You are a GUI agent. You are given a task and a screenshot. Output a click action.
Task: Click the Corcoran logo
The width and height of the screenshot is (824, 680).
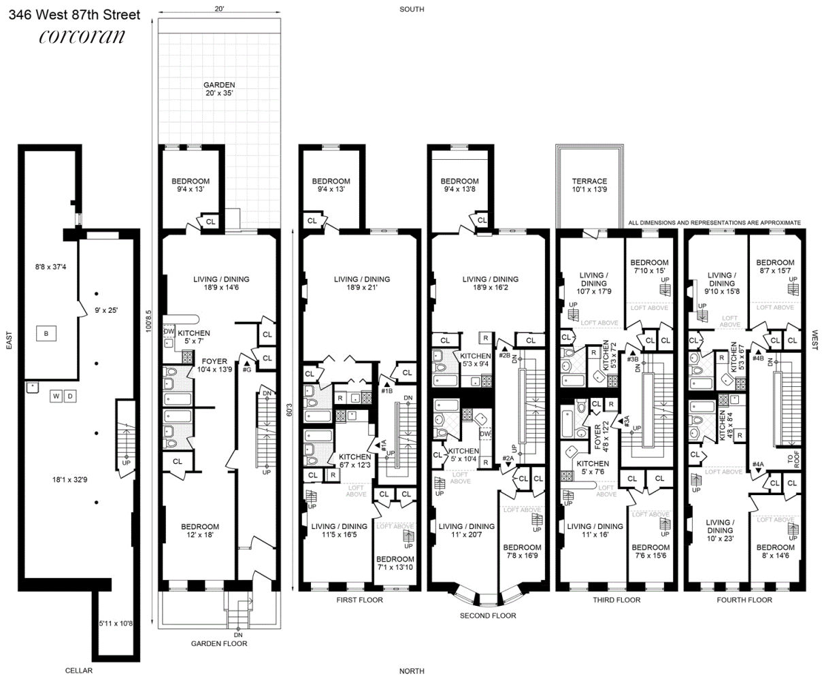point(82,36)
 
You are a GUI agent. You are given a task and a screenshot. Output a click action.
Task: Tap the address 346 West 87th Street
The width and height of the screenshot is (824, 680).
point(75,15)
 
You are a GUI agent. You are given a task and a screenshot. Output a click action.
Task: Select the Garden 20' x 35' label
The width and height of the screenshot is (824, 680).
point(219,89)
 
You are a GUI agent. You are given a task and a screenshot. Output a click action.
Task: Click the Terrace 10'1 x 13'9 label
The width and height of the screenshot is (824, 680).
point(589,185)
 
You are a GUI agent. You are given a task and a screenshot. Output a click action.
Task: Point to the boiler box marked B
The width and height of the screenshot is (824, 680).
point(46,333)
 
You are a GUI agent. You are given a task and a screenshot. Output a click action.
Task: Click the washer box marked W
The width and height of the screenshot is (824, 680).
point(56,396)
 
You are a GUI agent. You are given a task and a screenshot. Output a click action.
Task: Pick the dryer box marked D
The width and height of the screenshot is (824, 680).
point(70,396)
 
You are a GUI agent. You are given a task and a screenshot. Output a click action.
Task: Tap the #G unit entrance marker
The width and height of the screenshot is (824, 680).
point(247,367)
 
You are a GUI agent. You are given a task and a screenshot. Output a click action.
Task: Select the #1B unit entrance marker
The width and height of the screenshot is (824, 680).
point(386,388)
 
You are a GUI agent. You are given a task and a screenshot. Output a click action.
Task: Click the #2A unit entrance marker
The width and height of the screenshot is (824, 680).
point(508,460)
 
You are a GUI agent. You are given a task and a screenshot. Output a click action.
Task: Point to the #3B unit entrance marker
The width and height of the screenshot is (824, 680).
point(633,356)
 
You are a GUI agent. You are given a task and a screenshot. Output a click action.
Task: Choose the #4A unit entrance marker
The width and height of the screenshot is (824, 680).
point(758,467)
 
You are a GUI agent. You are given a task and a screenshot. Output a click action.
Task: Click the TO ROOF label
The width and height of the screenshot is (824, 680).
point(793,459)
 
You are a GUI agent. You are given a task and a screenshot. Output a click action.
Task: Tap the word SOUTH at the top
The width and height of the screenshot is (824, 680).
point(412,9)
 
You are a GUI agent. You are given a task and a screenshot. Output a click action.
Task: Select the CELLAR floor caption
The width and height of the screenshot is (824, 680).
point(79,670)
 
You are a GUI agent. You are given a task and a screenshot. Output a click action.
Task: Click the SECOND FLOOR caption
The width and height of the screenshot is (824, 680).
point(488,615)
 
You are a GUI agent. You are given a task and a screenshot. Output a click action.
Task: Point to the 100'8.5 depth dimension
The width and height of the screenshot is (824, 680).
point(148,321)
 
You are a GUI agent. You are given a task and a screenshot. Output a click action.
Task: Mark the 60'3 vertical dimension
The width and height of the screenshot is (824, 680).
point(289,409)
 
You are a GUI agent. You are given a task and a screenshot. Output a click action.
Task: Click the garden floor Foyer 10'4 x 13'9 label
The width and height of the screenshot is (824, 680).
point(214,365)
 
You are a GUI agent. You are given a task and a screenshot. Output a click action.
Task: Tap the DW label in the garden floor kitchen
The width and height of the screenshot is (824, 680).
point(169,331)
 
